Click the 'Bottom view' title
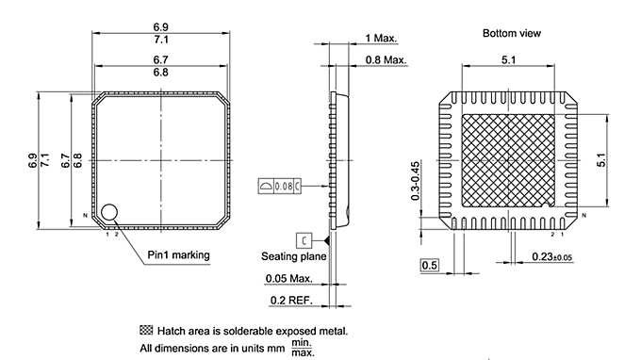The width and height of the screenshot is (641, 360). pyautogui.click(x=512, y=33)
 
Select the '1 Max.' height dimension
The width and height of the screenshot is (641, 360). pyautogui.click(x=381, y=39)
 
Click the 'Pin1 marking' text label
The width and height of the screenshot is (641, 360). pyautogui.click(x=178, y=254)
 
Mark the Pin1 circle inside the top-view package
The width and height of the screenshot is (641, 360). pyautogui.click(x=111, y=214)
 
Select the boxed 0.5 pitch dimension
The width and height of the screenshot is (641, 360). pyautogui.click(x=429, y=266)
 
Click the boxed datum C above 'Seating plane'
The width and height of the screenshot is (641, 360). pyautogui.click(x=304, y=238)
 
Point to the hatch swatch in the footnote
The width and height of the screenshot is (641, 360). pyautogui.click(x=145, y=331)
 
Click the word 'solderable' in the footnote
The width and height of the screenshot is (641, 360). pyautogui.click(x=254, y=331)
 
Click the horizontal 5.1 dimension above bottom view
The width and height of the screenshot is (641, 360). pyautogui.click(x=509, y=59)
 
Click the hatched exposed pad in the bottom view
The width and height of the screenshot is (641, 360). pyautogui.click(x=509, y=160)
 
